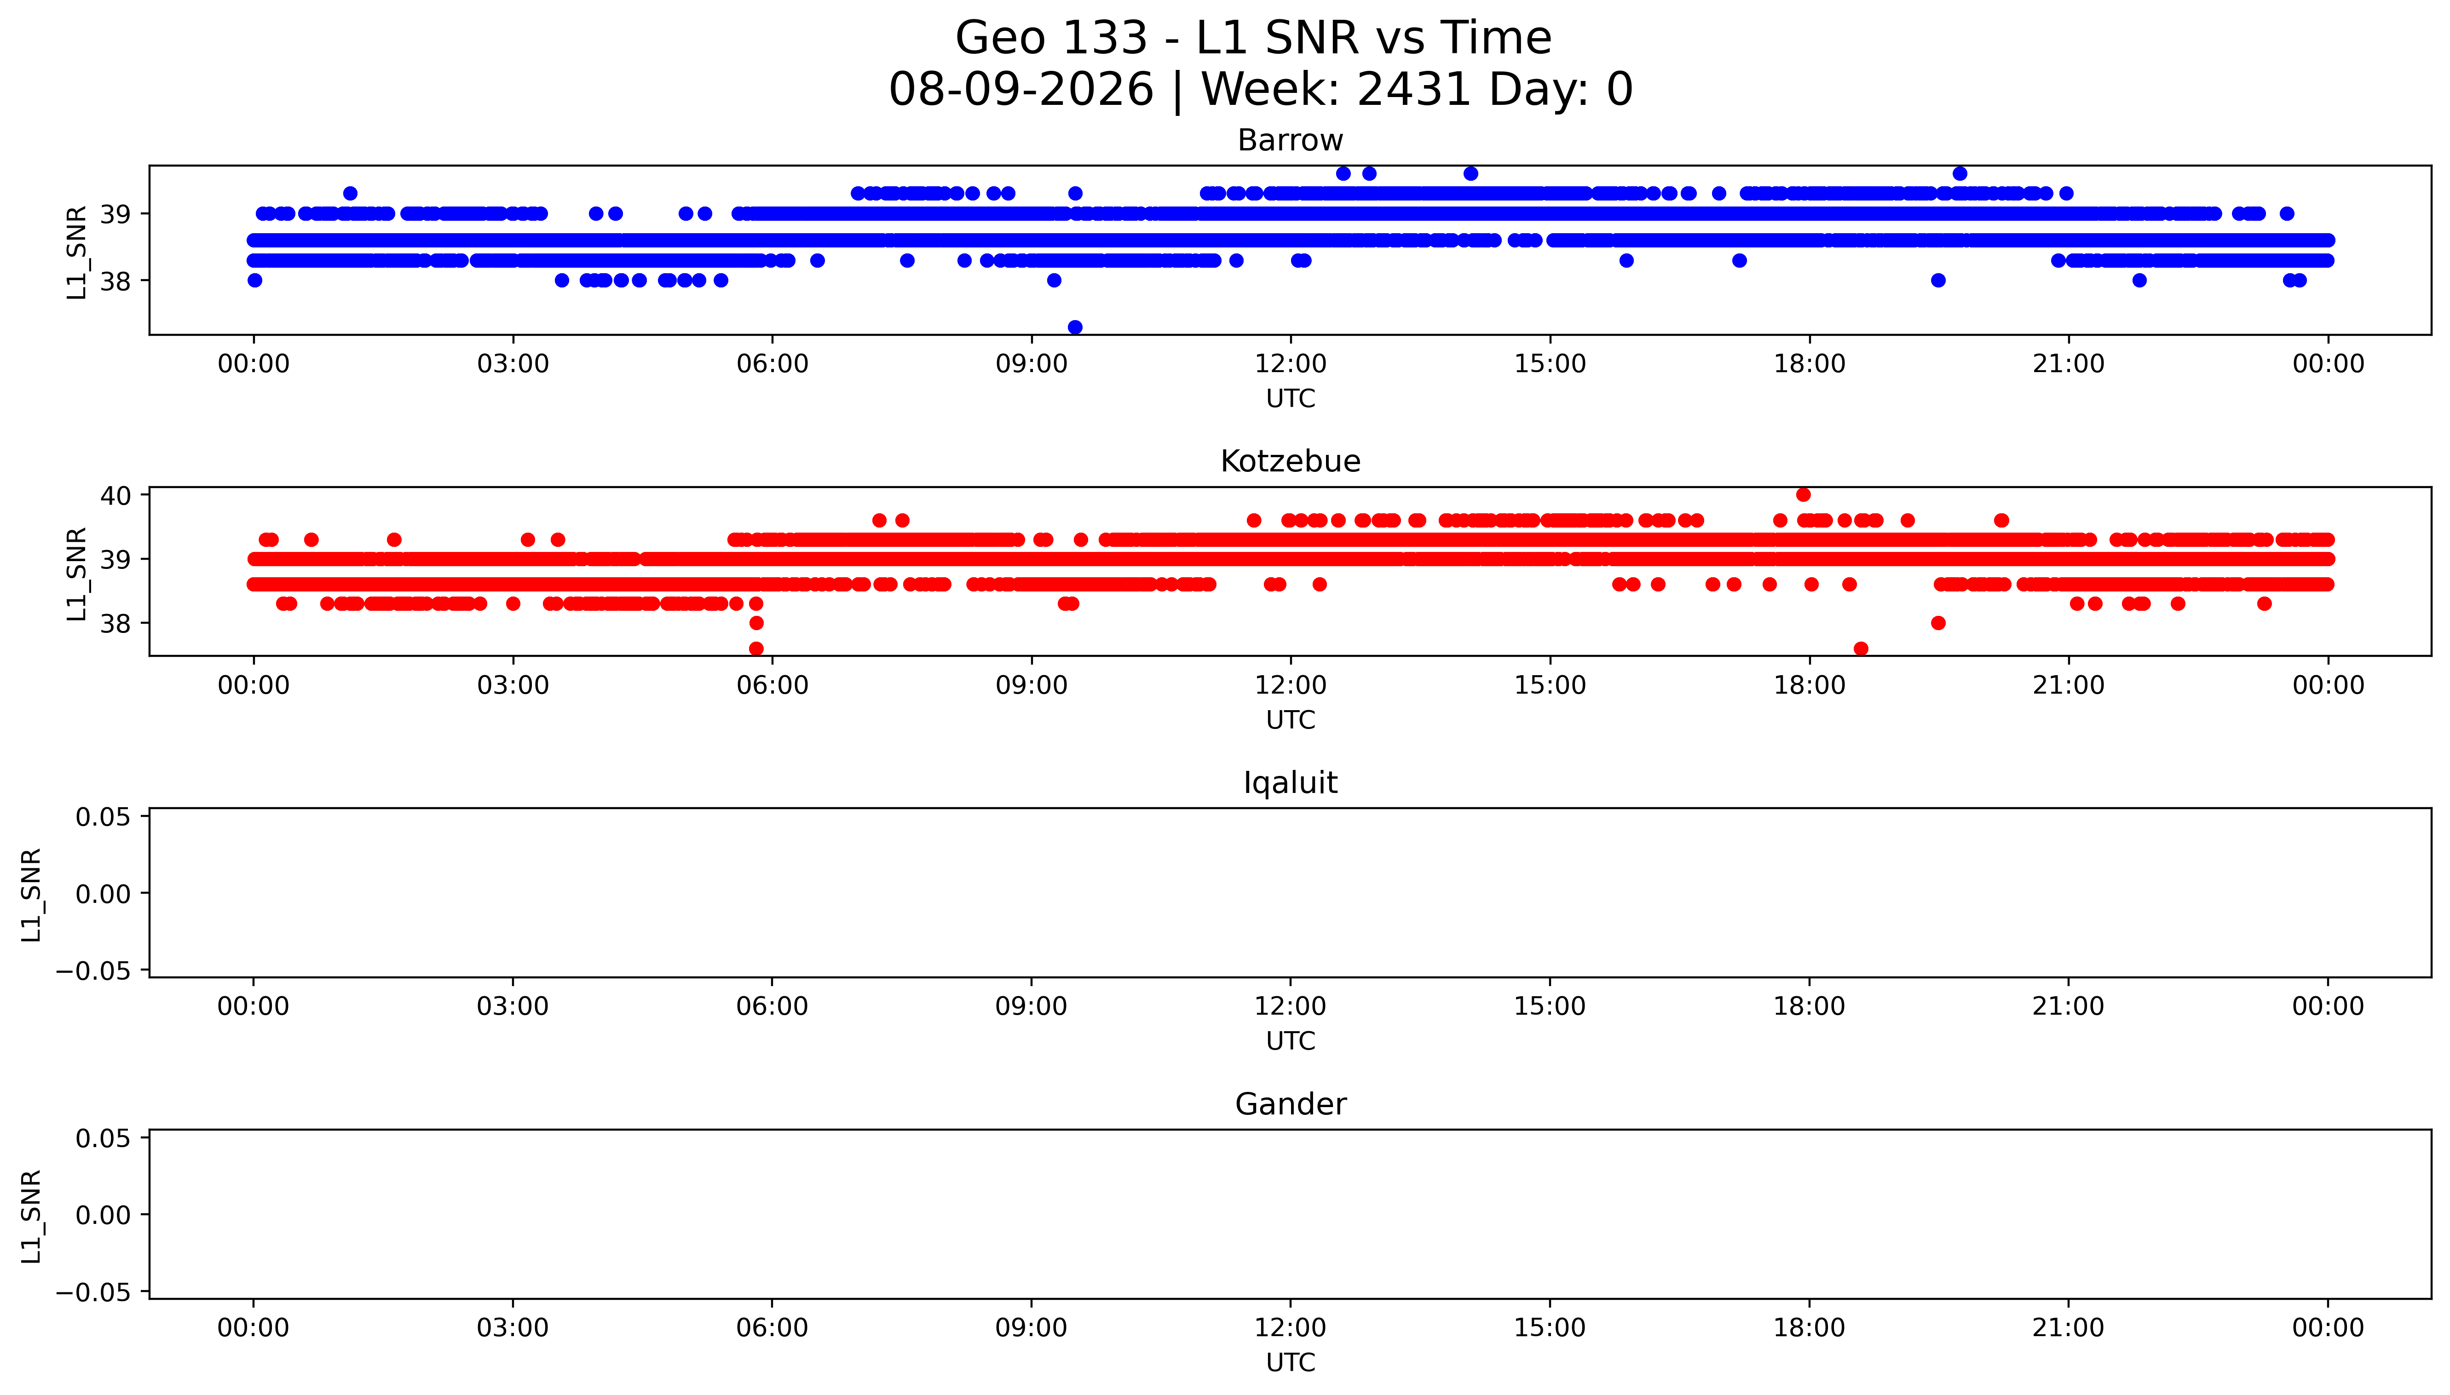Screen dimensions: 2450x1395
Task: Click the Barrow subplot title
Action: point(1290,141)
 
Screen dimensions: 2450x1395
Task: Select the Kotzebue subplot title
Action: point(1290,462)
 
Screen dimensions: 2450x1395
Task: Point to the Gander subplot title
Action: point(1290,1105)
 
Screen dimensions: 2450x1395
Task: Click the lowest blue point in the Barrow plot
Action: point(1075,327)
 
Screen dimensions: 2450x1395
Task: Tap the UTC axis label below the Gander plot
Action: point(1290,1362)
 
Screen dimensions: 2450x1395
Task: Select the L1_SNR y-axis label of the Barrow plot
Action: point(77,252)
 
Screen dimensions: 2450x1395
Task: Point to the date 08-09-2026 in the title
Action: point(1021,90)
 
